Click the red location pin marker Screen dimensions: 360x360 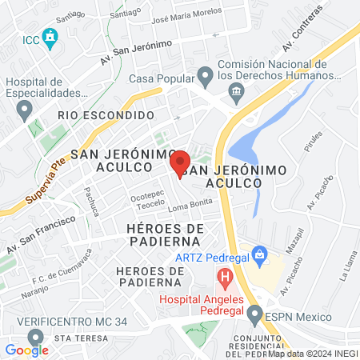coord(180,162)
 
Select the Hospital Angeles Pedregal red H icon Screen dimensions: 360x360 coord(226,279)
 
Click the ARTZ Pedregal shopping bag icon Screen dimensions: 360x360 coord(258,256)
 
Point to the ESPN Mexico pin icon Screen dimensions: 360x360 coord(254,316)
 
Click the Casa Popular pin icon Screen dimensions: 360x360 coord(205,78)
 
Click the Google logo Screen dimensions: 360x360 coord(26,350)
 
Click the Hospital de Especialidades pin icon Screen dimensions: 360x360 coord(25,108)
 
